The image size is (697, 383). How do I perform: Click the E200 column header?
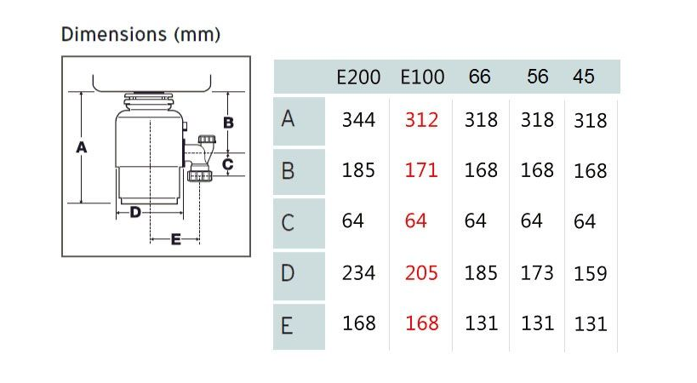click(358, 77)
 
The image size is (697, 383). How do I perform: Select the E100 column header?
click(422, 77)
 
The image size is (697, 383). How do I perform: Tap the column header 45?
click(583, 77)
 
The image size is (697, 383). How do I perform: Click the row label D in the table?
click(288, 273)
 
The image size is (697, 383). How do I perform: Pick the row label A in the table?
click(288, 119)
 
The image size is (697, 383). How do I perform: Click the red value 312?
click(421, 120)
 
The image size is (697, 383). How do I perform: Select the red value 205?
click(421, 273)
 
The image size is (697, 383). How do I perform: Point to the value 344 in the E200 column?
click(358, 120)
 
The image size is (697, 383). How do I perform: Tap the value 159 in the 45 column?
click(591, 274)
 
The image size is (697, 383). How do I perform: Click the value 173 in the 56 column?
click(537, 273)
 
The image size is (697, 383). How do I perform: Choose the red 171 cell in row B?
click(421, 170)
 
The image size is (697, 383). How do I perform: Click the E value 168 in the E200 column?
click(359, 323)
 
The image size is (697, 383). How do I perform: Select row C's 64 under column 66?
click(475, 220)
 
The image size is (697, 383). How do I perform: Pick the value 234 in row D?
click(358, 273)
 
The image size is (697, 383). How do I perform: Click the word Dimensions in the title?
click(114, 34)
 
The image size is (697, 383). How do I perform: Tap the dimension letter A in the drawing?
click(82, 147)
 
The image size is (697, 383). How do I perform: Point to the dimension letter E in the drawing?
click(176, 240)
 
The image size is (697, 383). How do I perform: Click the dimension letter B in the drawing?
click(228, 123)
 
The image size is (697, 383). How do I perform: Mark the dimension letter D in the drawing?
click(135, 213)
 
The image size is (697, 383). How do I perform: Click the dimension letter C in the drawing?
click(227, 164)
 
